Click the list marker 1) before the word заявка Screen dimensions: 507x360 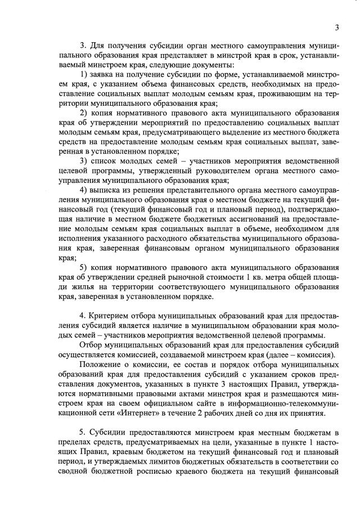click(85, 75)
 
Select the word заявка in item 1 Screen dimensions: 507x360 click(106, 75)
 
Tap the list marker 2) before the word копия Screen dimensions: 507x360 click(85, 113)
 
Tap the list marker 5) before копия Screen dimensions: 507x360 click(85, 267)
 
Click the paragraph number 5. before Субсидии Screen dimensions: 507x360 click(84, 432)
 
